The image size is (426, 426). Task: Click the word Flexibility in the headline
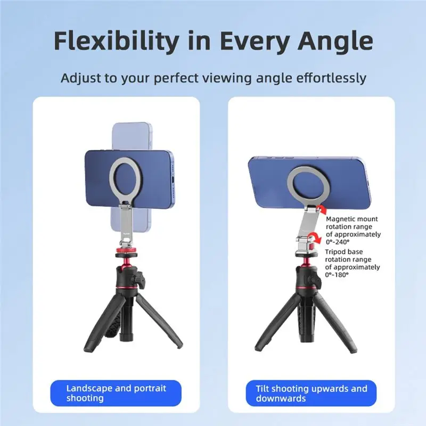(x=116, y=41)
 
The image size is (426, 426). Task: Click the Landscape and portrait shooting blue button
(x=116, y=393)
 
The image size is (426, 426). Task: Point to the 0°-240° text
(x=338, y=242)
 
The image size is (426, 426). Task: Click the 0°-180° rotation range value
(x=337, y=275)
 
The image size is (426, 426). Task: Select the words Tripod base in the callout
(x=343, y=251)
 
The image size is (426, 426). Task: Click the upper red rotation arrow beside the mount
(x=322, y=210)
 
